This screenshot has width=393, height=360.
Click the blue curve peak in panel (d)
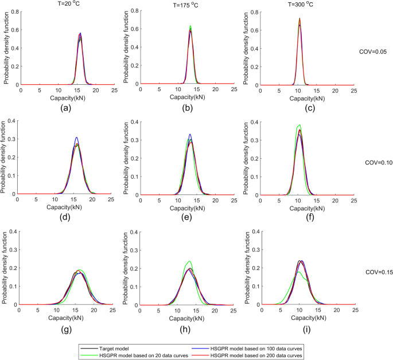pyautogui.click(x=76, y=137)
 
